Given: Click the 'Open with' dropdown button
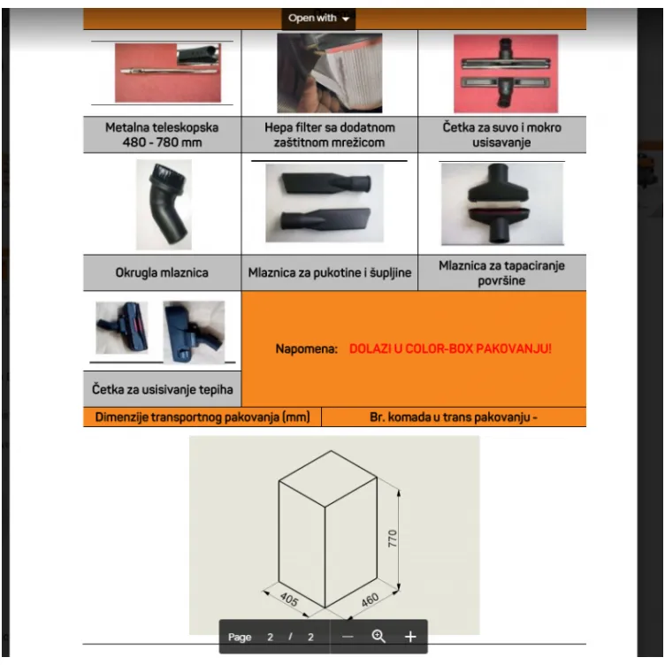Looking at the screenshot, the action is pos(318,19).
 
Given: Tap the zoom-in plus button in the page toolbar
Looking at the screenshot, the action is pos(410,637).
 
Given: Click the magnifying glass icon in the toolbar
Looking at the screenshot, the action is pos(378,636).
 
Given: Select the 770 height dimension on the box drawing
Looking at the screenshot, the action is pos(393,539).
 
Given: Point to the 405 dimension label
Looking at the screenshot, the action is pos(289,599).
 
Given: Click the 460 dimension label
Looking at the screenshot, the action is pos(370,600).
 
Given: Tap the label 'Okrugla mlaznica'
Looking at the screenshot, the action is pos(162,272).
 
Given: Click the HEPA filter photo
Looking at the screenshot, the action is pos(330,73).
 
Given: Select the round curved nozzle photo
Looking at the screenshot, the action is pos(164,204).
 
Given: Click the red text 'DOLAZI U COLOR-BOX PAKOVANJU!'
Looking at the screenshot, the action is pos(450,348).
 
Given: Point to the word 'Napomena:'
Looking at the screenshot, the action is pos(306,349).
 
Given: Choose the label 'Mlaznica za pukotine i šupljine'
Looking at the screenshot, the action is pos(330,272).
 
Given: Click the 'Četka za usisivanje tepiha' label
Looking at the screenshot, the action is pos(163,389).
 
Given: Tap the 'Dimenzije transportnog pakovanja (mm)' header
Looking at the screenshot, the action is pos(203,417).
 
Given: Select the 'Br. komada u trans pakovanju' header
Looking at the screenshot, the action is pos(454,417).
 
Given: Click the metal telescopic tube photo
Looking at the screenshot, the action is pos(168,73).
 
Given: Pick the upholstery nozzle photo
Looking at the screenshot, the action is pos(502,203).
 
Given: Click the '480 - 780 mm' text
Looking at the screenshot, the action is pos(162,142).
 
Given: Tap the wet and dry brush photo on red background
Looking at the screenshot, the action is pos(506,73).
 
